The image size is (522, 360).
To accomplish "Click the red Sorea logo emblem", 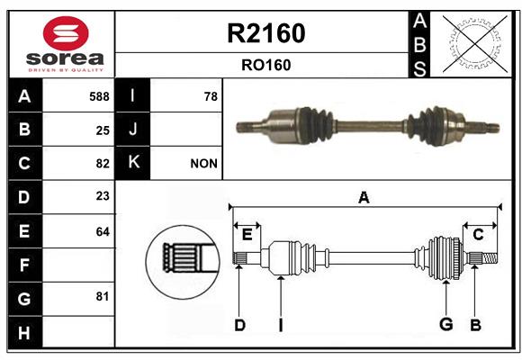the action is coord(66,33).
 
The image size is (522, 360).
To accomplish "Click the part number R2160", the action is coord(266,33).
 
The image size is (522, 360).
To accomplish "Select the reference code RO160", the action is coord(266,65).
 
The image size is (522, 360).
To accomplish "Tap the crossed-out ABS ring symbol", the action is coord(475,44).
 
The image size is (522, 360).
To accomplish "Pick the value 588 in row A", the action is coord(99,96).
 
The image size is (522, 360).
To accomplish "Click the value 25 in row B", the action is coord(103,130).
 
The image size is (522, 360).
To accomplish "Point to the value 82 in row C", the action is coord(103,164).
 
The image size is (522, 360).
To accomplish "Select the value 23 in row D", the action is coord(103,196).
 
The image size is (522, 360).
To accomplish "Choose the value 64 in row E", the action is coord(103,231).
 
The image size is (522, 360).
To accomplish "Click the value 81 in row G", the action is coord(103,296).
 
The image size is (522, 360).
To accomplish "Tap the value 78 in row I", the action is coord(211,96).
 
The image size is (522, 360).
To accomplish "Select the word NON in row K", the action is coord(203,164).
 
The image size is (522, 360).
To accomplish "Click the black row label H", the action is coord(25,332).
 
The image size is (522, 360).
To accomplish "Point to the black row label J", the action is coord(132,130).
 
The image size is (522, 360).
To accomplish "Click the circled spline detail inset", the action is coord(183,262).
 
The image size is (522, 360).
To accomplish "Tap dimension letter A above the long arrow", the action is coord(364,197).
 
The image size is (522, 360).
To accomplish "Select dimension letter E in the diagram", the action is coord(247,235).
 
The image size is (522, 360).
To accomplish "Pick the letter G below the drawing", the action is coord(446,324).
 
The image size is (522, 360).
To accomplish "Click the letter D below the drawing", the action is coord(239,325).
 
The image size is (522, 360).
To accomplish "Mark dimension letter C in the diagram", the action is coord(478,235).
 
